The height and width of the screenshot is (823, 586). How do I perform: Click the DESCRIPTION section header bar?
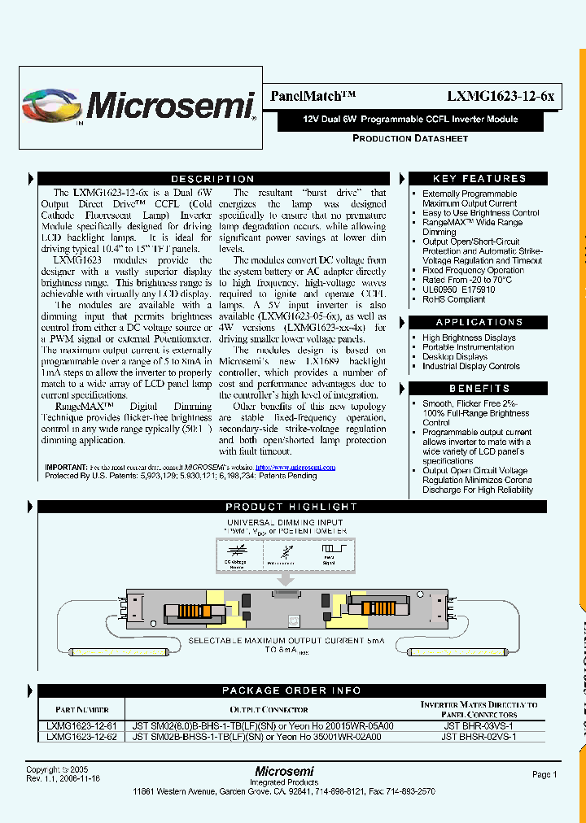[x=212, y=179]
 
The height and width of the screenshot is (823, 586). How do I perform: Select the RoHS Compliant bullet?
[x=453, y=299]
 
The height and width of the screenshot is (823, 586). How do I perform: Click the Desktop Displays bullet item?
[x=455, y=356]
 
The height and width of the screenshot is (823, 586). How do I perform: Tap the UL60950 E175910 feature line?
[x=458, y=290]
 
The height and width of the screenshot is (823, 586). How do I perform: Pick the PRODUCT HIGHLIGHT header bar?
[x=291, y=507]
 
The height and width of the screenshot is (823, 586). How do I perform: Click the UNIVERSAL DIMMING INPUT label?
[x=284, y=522]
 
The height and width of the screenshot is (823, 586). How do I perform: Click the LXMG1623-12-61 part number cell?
[x=81, y=725]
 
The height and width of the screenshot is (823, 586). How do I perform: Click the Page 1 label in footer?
[x=544, y=775]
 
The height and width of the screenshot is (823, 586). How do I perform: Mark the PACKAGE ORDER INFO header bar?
[x=291, y=690]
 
